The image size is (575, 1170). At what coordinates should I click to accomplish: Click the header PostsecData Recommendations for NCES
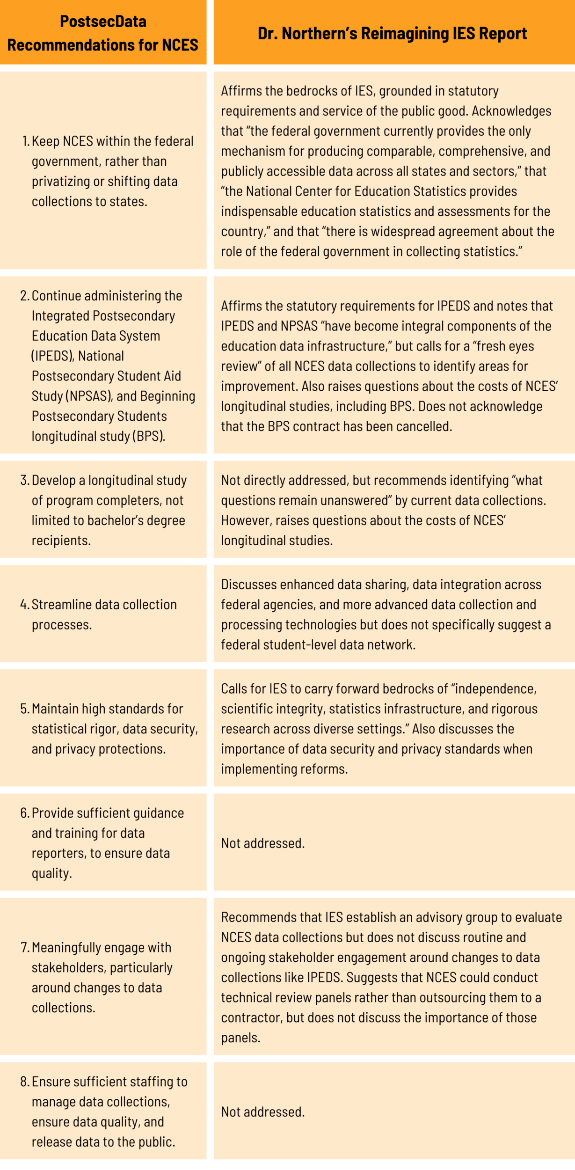(103, 33)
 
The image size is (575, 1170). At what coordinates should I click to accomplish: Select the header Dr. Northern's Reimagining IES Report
(392, 34)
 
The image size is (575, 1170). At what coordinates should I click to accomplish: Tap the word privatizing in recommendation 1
(58, 182)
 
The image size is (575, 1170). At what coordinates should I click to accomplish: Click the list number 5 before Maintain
(24, 709)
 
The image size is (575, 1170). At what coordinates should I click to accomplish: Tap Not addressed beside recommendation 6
(262, 843)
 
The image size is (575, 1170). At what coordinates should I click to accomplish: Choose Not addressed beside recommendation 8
(262, 1112)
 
